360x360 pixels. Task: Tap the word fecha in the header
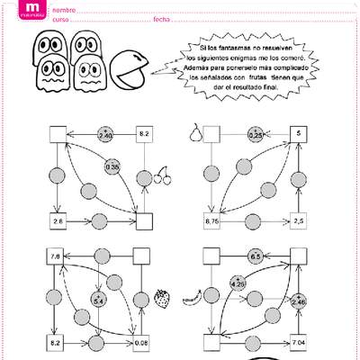(161, 19)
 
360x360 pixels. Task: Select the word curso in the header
(60, 19)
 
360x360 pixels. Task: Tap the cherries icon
(163, 176)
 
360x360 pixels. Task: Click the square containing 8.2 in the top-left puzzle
(143, 134)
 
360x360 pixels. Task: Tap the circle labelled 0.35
(112, 166)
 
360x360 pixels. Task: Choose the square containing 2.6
(58, 220)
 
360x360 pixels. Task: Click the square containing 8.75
(213, 220)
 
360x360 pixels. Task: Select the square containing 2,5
(299, 220)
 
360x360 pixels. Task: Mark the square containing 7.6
(56, 256)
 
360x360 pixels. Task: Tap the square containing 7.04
(299, 342)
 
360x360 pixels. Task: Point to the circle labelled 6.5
(255, 256)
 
